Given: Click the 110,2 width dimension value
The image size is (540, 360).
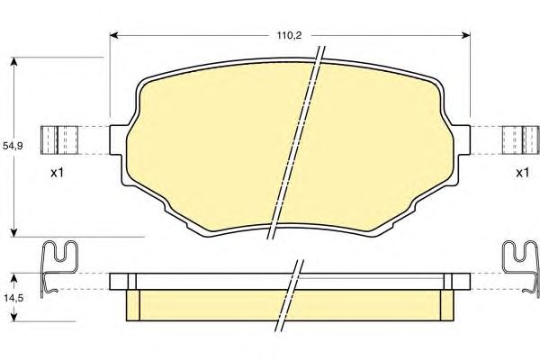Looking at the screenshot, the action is tap(289, 35).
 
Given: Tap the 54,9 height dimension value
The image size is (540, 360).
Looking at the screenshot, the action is tap(13, 146).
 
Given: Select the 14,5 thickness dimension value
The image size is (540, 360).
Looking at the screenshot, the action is tap(13, 298).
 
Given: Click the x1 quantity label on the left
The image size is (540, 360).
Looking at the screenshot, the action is tap(58, 173).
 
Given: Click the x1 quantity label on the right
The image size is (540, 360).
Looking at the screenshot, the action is tap(522, 173).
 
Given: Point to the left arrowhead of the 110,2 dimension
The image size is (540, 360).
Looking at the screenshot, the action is tap(114, 35).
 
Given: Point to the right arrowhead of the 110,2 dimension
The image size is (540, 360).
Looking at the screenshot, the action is tap(466, 35).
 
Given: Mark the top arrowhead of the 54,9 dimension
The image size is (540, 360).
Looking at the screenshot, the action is tap(13, 62).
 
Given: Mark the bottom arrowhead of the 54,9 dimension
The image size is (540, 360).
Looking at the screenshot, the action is tap(13, 232).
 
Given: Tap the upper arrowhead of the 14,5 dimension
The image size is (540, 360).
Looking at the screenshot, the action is tap(13, 278).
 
